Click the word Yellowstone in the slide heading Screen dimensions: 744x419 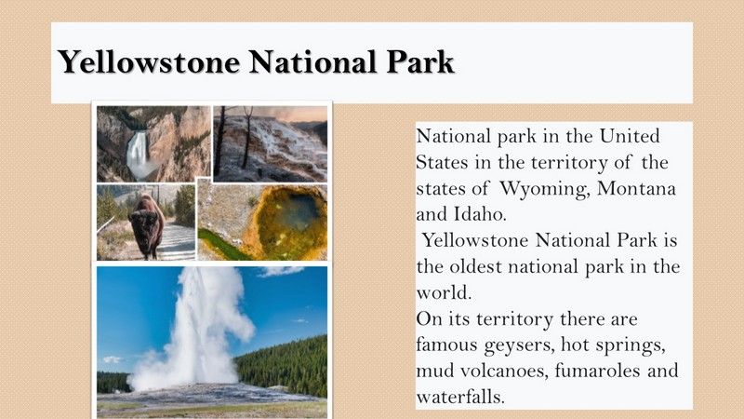pyautogui.click(x=149, y=61)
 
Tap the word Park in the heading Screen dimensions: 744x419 pyautogui.click(x=420, y=61)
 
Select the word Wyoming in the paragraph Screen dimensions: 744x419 pyautogui.click(x=545, y=189)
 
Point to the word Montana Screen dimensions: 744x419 pyautogui.click(x=636, y=188)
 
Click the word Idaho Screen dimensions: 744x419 pyautogui.click(x=480, y=214)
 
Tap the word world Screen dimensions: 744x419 pyautogui.click(x=444, y=292)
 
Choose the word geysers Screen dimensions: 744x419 pyautogui.click(x=520, y=345)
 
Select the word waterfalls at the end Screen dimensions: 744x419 pyautogui.click(x=460, y=397)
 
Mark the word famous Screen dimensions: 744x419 pyautogui.click(x=447, y=345)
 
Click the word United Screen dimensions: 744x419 pyautogui.click(x=630, y=136)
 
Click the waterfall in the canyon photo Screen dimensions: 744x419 pyautogui.click(x=138, y=153)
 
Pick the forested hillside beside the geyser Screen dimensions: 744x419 pyautogui.click(x=284, y=365)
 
